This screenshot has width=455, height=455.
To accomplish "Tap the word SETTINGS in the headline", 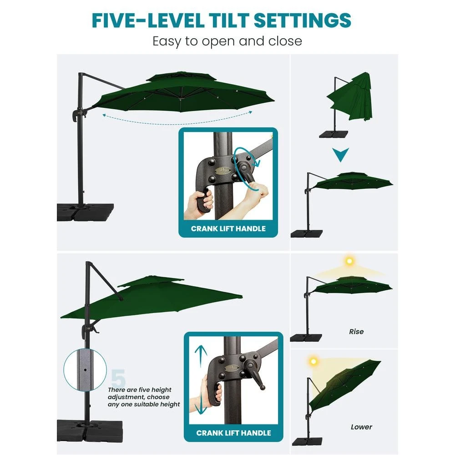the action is click(303, 20).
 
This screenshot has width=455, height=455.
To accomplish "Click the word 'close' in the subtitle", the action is click(285, 41).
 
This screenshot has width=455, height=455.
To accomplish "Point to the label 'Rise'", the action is click(356, 331).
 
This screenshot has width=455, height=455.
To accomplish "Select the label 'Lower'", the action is click(361, 427).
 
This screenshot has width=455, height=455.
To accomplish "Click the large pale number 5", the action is click(118, 378).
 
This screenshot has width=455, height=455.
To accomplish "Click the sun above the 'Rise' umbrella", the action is click(349, 261).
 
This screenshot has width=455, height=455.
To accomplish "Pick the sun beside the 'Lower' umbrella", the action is click(313, 362).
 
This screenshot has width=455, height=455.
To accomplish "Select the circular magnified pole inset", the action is click(85, 370).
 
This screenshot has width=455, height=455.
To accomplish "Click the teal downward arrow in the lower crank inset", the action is click(201, 404).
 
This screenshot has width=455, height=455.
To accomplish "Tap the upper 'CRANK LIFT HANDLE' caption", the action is click(228, 229).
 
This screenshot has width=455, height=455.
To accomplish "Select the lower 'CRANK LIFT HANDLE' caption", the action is click(233, 433).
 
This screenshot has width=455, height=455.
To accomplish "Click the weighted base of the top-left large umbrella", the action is click(86, 212).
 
